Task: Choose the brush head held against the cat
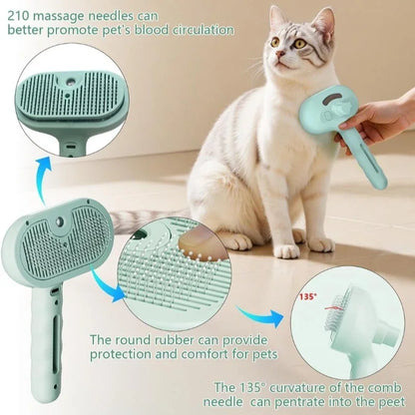click(335, 104)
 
